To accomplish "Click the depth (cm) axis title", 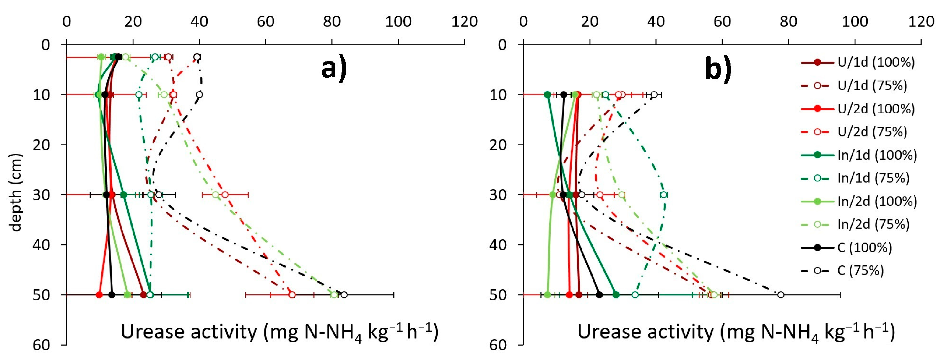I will pos(15,193).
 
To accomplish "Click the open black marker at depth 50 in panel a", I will pos(344,294).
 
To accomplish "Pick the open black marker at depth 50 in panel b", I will pos(781,294).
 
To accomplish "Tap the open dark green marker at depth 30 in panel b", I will pos(664,195).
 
